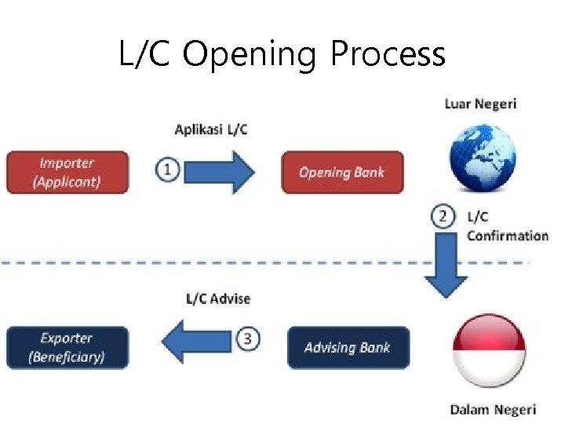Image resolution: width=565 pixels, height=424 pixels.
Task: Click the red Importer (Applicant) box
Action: coord(67,172)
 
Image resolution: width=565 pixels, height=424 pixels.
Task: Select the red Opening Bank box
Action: coord(343,172)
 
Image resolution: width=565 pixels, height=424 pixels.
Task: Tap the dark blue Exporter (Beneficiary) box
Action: coord(67,348)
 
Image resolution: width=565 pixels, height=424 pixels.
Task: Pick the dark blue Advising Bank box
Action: coord(348,348)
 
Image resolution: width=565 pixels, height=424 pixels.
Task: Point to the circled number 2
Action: coord(444,216)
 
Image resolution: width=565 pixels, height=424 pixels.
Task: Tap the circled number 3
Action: coord(247,339)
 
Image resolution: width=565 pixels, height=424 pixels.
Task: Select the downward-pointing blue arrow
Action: coord(446,267)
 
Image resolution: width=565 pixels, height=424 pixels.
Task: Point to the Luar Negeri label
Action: coord(480,104)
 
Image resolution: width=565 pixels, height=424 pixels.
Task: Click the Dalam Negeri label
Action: coord(493,409)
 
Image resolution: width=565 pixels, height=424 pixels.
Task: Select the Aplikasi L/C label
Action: coord(211,129)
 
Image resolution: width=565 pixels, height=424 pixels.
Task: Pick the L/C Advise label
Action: coord(218,298)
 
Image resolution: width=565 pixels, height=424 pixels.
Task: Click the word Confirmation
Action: coord(508,236)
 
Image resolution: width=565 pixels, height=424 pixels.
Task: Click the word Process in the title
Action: coord(388,55)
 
